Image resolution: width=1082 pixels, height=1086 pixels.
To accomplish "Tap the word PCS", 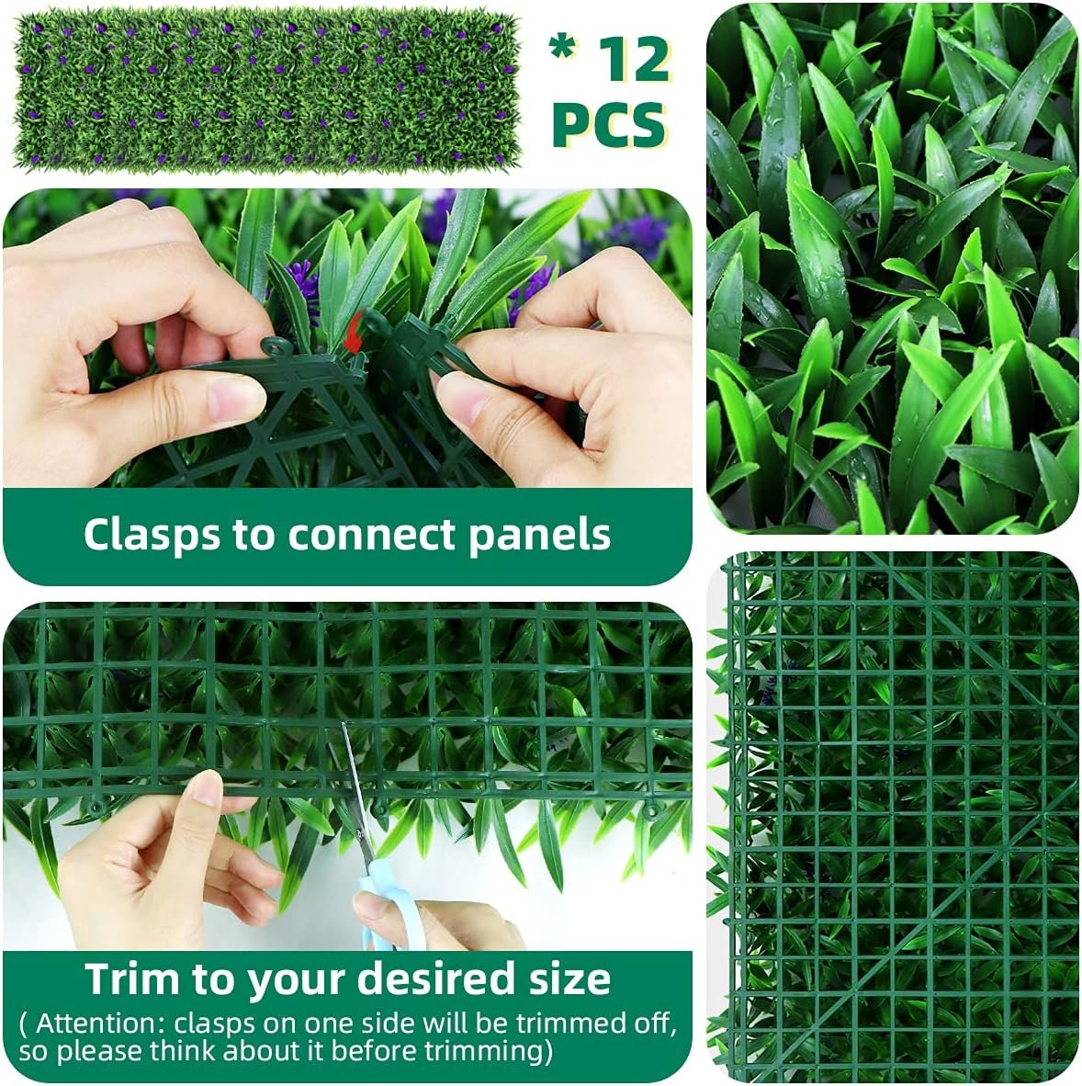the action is [609, 125].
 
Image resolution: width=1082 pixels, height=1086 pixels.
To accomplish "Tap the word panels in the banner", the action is [540, 536].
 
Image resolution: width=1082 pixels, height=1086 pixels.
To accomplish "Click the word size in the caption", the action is [567, 979].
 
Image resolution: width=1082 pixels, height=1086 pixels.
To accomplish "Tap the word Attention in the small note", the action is [98, 1023].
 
